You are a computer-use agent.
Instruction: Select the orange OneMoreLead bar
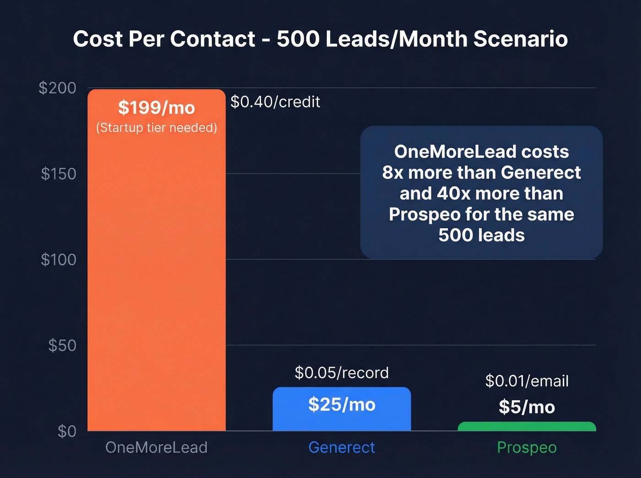click(x=157, y=274)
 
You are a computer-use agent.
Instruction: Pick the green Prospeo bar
click(x=527, y=427)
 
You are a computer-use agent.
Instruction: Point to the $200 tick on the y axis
click(x=58, y=88)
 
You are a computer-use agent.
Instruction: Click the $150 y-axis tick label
click(x=59, y=174)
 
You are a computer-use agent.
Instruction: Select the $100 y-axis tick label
click(x=59, y=260)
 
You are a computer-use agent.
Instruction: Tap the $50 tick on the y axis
click(x=62, y=345)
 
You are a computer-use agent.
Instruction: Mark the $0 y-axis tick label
click(x=67, y=431)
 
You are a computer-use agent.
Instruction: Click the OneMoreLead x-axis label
click(x=157, y=447)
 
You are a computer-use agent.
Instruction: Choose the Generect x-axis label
click(x=342, y=447)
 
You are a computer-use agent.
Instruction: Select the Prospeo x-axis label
click(x=527, y=447)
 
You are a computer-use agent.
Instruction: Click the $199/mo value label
click(x=157, y=108)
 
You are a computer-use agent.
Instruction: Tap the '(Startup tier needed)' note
click(x=157, y=128)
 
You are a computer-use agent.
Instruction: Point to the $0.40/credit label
click(x=275, y=102)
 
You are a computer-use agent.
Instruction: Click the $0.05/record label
click(x=342, y=373)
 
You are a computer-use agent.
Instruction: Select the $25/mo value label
click(x=342, y=405)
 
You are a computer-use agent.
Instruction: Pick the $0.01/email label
click(x=527, y=381)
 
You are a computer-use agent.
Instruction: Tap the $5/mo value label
click(x=527, y=407)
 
